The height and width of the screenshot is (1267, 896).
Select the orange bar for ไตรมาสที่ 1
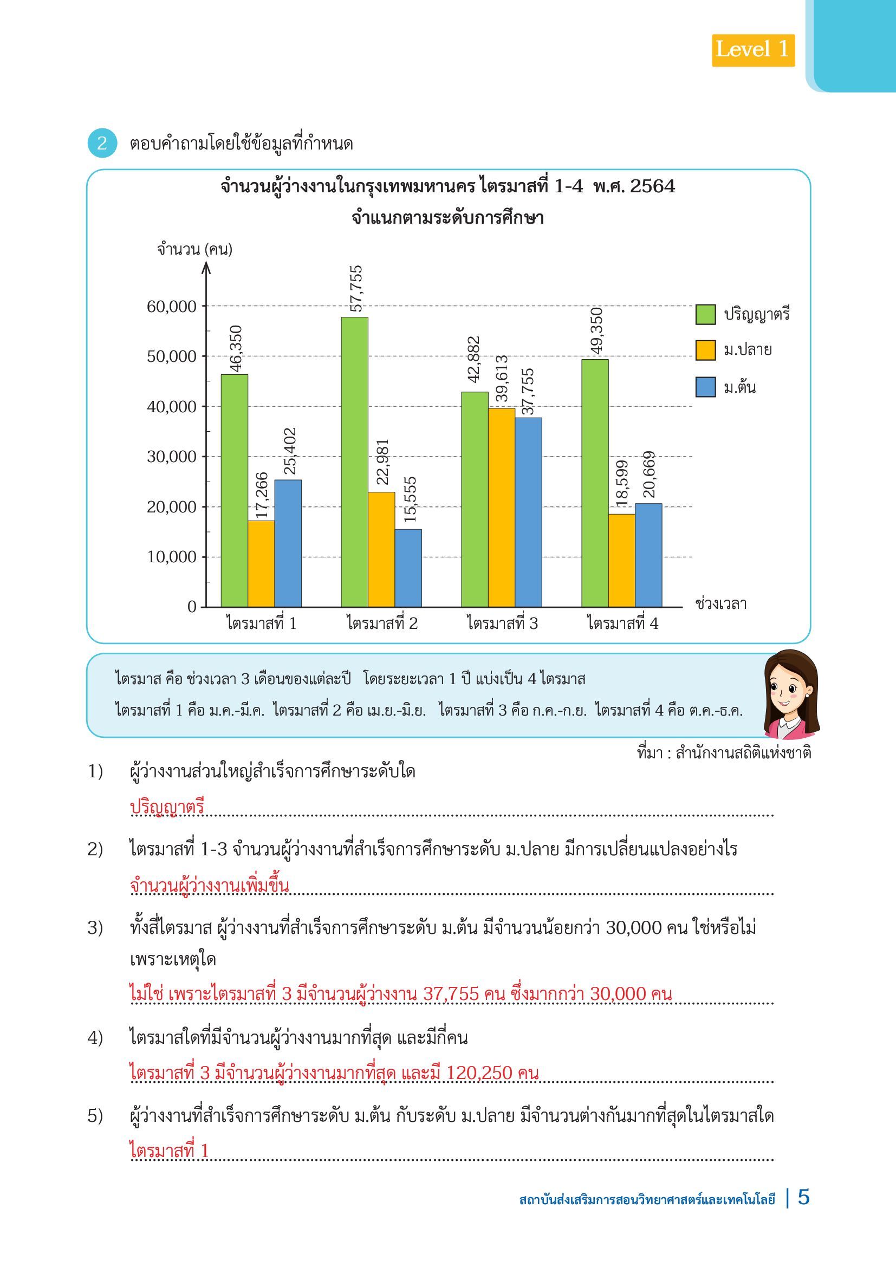pyautogui.click(x=261, y=563)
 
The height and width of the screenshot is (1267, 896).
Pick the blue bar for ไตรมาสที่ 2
pyautogui.click(x=408, y=568)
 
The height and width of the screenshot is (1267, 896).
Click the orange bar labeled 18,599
pyautogui.click(x=622, y=560)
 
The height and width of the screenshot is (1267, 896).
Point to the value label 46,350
pyautogui.click(x=236, y=349)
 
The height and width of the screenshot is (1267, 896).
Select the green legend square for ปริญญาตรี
pyautogui.click(x=705, y=315)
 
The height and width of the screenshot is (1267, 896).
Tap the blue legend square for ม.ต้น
pyautogui.click(x=705, y=387)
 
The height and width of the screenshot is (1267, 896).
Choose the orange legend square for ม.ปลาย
pyautogui.click(x=705, y=350)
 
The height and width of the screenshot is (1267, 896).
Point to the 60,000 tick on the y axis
pyautogui.click(x=172, y=306)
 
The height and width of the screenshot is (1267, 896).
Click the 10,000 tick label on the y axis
pyautogui.click(x=172, y=557)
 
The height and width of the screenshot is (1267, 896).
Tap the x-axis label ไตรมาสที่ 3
pyautogui.click(x=502, y=623)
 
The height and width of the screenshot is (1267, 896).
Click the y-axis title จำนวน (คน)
pyautogui.click(x=195, y=249)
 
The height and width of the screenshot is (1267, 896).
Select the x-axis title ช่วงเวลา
pyautogui.click(x=721, y=603)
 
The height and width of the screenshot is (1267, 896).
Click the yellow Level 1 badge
pyautogui.click(x=752, y=50)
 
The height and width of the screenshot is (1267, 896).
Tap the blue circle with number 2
pyautogui.click(x=102, y=144)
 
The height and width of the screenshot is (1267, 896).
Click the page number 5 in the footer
pyautogui.click(x=804, y=1198)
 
